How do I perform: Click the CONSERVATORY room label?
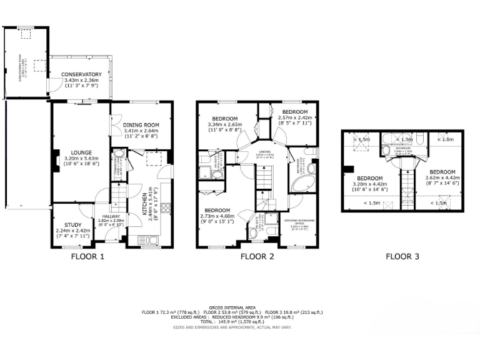pyautogui.click(x=81, y=75)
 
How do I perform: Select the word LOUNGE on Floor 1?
pyautogui.click(x=82, y=152)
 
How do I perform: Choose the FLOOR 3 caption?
pyautogui.click(x=402, y=256)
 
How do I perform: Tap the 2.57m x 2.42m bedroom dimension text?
pyautogui.click(x=294, y=117)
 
